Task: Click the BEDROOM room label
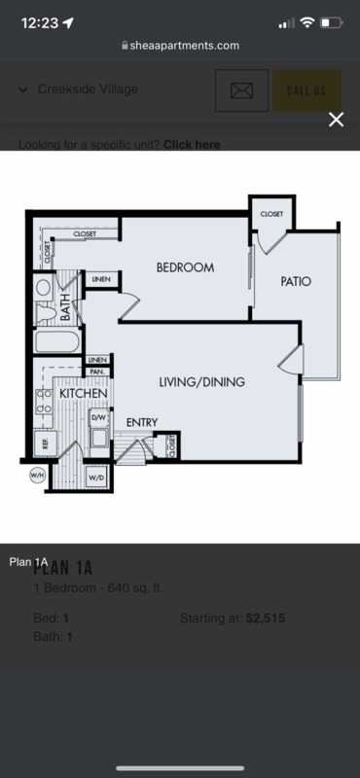click(x=185, y=266)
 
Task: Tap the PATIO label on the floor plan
click(x=296, y=281)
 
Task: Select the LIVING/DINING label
click(x=201, y=381)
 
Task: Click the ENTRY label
click(x=142, y=422)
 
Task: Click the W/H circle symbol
click(x=37, y=476)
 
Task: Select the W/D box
click(x=97, y=478)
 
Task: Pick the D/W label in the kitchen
click(x=98, y=416)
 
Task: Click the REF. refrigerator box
click(x=44, y=442)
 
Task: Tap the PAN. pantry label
click(x=98, y=371)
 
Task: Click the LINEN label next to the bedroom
click(x=101, y=280)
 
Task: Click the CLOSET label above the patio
click(x=270, y=213)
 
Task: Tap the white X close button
click(x=336, y=120)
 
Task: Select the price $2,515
click(x=266, y=619)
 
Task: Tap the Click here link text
click(x=192, y=145)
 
